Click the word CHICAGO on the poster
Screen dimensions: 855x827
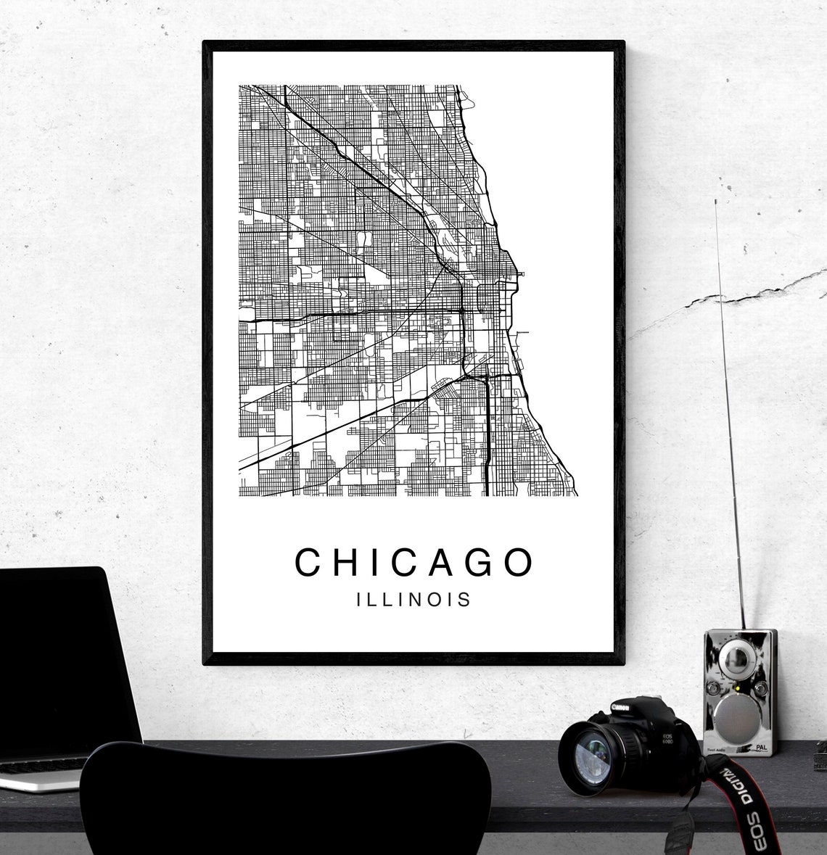[x=413, y=562]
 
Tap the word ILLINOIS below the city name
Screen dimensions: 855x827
[x=413, y=600]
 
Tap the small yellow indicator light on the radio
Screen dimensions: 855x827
[x=736, y=687]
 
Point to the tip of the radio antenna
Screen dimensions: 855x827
[x=716, y=202]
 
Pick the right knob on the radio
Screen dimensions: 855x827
[x=760, y=687]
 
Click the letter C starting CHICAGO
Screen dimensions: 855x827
[x=308, y=562]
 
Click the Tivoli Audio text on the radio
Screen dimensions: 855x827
[x=715, y=751]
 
